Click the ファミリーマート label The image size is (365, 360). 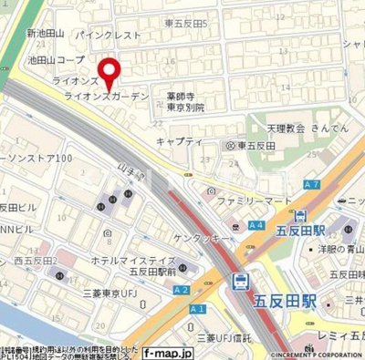pos(252,196)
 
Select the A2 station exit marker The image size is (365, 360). pos(181,290)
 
